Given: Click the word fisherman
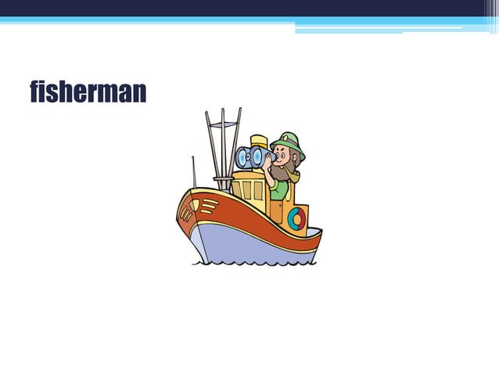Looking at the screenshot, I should pos(88,92).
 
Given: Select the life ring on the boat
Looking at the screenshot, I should pos(296,219).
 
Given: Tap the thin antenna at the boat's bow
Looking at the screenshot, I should pos(194,172).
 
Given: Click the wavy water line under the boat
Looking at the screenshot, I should pos(250,263).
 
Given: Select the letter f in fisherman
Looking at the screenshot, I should pos(34,92).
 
